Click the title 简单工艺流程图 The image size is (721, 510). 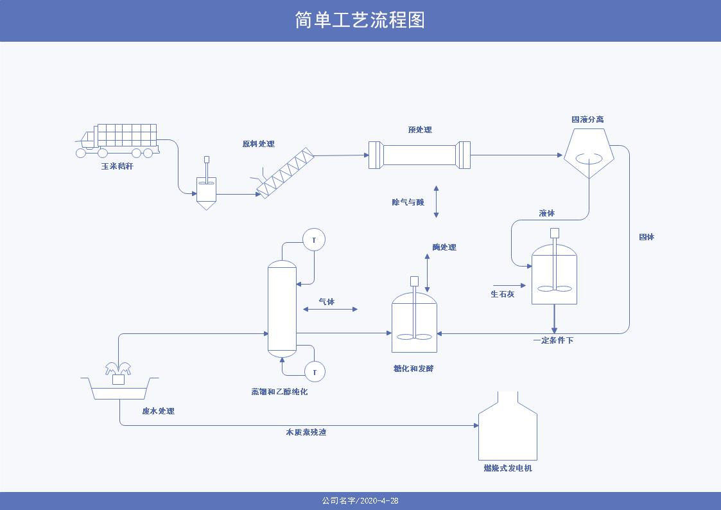[360, 20]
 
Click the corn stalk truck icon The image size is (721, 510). [118, 140]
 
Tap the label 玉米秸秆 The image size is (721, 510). [117, 166]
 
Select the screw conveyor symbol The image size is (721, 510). [286, 172]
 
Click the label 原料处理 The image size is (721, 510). [258, 144]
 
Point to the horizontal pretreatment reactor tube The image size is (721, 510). [419, 155]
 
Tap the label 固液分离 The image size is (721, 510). [587, 119]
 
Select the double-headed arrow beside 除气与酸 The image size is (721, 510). [437, 201]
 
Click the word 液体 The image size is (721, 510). [546, 213]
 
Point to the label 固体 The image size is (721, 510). [647, 237]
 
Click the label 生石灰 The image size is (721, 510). [502, 294]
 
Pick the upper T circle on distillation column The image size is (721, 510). [314, 240]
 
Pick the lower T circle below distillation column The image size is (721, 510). [315, 371]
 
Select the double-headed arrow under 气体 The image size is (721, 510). [330, 310]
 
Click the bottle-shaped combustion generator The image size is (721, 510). [507, 427]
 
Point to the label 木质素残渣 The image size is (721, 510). [306, 432]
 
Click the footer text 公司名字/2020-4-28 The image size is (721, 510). [360, 501]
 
